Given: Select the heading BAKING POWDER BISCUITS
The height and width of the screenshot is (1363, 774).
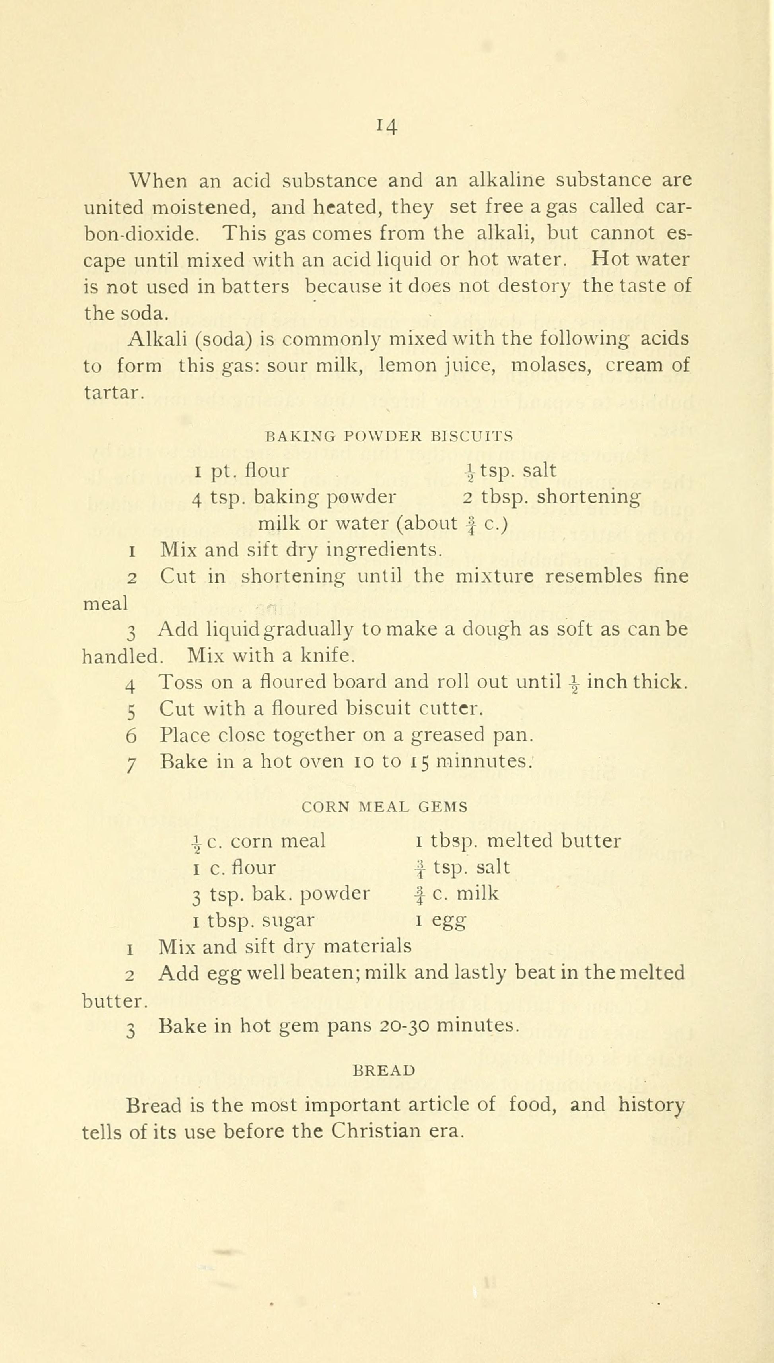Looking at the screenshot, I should click(389, 437).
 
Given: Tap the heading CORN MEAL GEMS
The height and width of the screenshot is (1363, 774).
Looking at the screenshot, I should click(384, 807).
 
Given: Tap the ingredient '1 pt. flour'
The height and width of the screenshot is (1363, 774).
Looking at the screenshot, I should click(242, 471).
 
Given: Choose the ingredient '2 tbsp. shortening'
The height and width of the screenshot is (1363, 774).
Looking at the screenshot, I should click(551, 497).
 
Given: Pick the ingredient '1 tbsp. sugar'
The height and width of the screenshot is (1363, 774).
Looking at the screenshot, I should click(254, 920).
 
